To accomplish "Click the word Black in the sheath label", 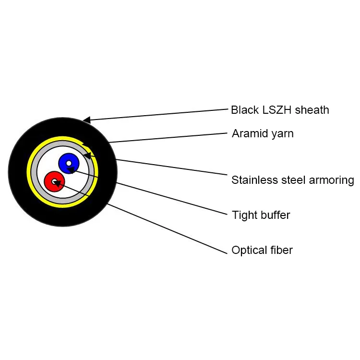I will coord(244,110).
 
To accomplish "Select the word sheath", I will coord(312,110).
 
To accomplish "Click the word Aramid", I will coord(248,133).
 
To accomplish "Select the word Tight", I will coord(244,215).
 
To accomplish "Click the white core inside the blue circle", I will coord(69,164).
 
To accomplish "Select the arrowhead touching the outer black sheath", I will coord(87,120).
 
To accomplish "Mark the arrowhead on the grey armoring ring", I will coord(87,155).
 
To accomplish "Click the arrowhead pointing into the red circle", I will coord(57,183).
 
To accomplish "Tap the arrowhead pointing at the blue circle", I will coord(71,169).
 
